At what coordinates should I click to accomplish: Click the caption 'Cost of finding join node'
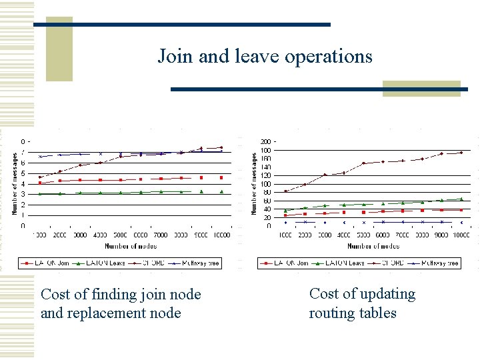tap(121, 294)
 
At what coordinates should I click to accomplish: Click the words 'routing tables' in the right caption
tap(352, 313)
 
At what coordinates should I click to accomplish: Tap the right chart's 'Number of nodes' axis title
tap(373, 247)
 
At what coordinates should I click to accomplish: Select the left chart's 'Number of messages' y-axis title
tap(15, 183)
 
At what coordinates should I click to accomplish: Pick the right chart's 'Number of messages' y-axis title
tap(254, 183)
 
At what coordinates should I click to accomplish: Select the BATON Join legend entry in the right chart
tap(289, 263)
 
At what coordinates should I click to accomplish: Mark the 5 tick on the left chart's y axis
tap(23, 173)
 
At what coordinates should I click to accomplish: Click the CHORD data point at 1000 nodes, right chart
tap(285, 191)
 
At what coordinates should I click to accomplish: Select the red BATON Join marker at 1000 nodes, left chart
tap(40, 183)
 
